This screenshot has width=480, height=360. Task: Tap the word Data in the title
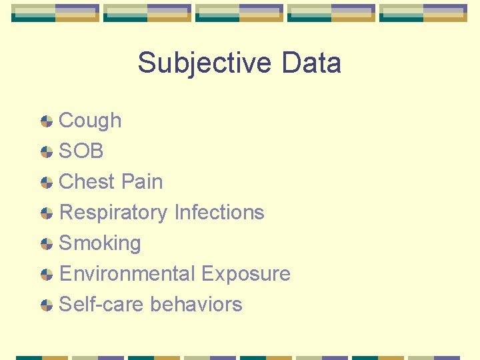click(311, 63)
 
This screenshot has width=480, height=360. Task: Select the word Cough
click(90, 121)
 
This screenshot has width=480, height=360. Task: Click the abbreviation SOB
click(81, 151)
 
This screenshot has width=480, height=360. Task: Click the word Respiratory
click(113, 213)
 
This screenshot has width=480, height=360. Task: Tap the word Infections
click(219, 213)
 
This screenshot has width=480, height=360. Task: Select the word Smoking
click(100, 243)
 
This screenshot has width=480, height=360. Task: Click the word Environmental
click(127, 274)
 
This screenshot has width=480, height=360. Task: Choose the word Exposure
click(245, 274)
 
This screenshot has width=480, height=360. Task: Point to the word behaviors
click(196, 305)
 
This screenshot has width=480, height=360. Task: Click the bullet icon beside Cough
click(47, 121)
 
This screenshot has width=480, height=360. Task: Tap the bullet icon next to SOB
click(47, 152)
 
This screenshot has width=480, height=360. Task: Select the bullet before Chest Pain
click(47, 183)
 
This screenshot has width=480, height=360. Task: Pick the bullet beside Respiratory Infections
click(47, 213)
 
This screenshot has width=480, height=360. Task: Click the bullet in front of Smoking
click(47, 244)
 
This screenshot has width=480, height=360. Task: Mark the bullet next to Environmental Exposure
click(47, 275)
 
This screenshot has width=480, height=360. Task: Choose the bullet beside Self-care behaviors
click(47, 305)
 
